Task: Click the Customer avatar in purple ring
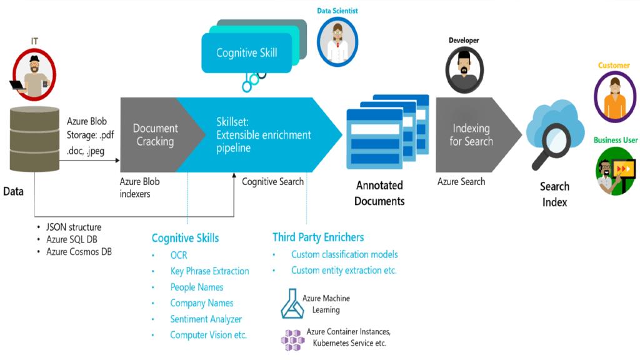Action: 616,97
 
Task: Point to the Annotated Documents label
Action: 379,193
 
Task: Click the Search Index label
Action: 554,194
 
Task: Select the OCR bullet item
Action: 179,255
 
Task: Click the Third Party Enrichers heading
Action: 318,237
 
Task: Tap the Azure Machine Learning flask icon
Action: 290,304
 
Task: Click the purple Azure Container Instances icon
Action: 292,338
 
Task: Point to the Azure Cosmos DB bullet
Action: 79,251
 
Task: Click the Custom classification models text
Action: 344,254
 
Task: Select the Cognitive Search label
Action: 272,181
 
